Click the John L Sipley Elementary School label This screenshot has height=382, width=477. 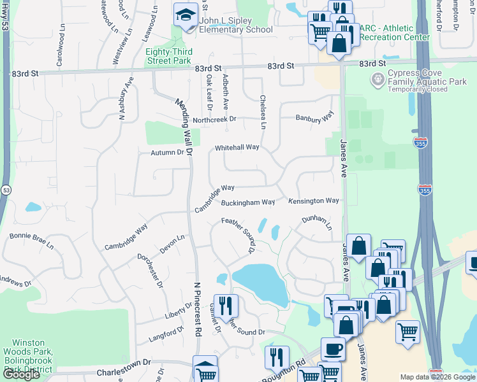pos(235,25)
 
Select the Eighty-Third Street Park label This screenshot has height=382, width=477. pos(168,56)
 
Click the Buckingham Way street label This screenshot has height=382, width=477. pos(247,202)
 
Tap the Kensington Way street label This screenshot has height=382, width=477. pos(313,201)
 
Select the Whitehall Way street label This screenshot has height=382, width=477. pos(237,147)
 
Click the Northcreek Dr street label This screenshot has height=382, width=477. pos(214,119)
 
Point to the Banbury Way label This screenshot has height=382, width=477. pos(314,117)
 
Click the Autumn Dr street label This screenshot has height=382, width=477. pos(166,152)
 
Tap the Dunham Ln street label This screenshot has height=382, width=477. pos(317,222)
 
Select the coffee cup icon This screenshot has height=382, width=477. pos(333,350)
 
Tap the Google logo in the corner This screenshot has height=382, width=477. pos(20,374)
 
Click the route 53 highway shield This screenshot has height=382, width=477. pos(6,190)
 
